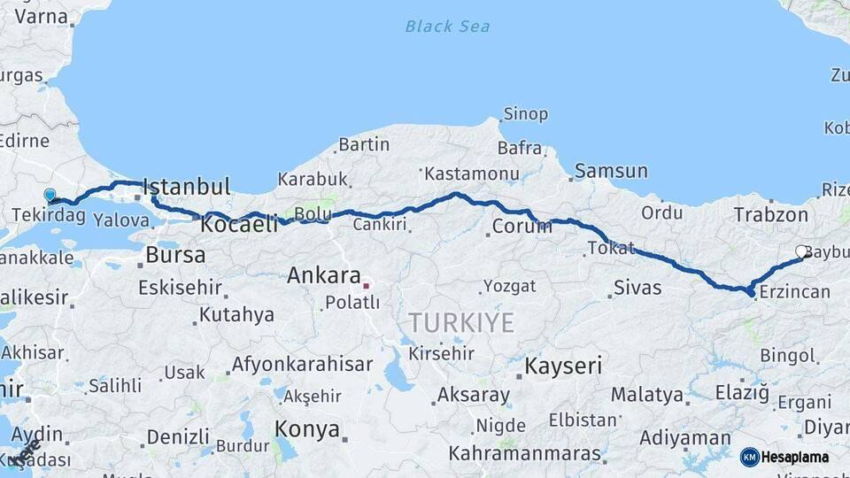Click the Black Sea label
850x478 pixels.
447,26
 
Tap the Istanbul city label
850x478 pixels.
186,187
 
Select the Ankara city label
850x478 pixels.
323,275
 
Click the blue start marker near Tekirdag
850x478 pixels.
50,196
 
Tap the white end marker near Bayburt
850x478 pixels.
801,252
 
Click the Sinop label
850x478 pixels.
526,114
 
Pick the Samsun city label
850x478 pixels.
611,171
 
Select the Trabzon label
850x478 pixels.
770,214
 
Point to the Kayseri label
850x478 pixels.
563,366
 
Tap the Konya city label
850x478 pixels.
307,429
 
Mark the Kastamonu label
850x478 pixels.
471,173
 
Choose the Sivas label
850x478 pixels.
638,288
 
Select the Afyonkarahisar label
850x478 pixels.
301,364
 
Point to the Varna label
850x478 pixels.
35,16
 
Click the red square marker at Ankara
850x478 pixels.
366,286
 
